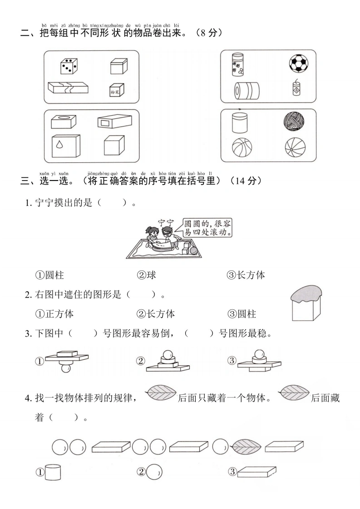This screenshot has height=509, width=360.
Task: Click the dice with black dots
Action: pyautogui.click(x=69, y=66)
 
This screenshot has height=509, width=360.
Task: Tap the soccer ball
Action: pyautogui.click(x=299, y=63)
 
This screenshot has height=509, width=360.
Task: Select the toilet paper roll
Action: pyautogui.click(x=247, y=90)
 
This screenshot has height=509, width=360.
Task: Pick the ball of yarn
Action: pyautogui.click(x=294, y=122)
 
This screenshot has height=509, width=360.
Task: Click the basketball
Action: pyautogui.click(x=242, y=148)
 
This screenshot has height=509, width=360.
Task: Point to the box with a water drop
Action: pyautogui.click(x=66, y=146)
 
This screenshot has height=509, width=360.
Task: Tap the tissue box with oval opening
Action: pyautogui.click(x=64, y=122)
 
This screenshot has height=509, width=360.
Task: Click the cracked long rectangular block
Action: pyautogui.click(x=68, y=88)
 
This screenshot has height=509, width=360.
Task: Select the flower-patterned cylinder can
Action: pyautogui.click(x=237, y=64)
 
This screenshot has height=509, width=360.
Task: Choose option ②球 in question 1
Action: pyautogui.click(x=146, y=275)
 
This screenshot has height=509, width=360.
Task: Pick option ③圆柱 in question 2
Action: pyautogui.click(x=242, y=314)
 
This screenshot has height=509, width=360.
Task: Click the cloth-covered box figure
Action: pyautogui.click(x=306, y=303)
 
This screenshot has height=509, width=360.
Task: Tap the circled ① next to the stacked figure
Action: pyautogui.click(x=39, y=361)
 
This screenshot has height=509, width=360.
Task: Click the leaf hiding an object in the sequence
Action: pyautogui.click(x=247, y=447)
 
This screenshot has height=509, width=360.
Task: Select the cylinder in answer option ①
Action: pyautogui.click(x=53, y=472)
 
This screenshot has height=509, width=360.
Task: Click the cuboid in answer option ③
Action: pyautogui.click(x=256, y=472)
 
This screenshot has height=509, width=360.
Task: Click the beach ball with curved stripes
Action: pyautogui.click(x=295, y=148)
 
